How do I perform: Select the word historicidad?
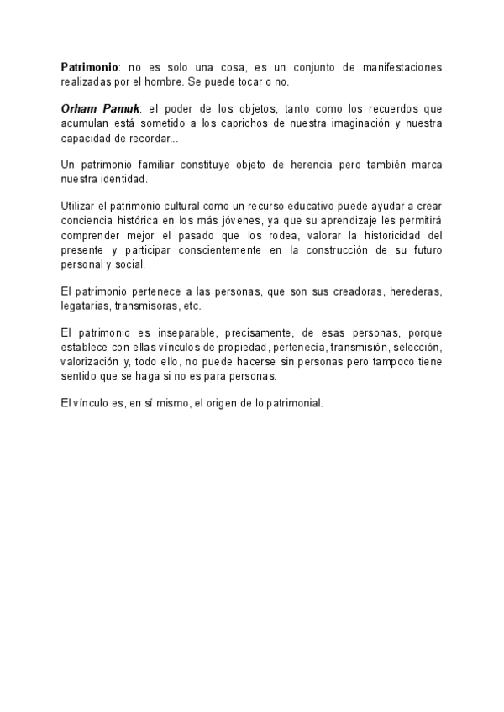click(x=395, y=235)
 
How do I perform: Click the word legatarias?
click(x=87, y=306)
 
